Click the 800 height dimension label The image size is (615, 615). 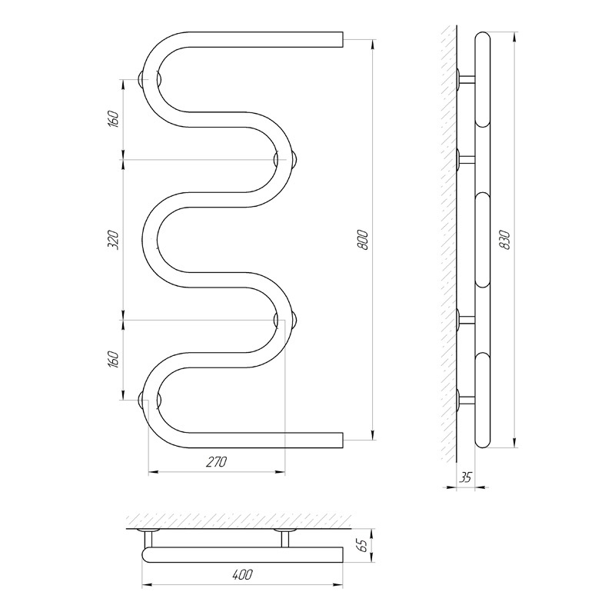(x=363, y=240)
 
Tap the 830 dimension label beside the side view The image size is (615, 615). (x=505, y=240)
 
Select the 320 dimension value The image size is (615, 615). (x=113, y=240)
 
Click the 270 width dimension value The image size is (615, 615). (x=216, y=462)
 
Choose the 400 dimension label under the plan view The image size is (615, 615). (x=241, y=574)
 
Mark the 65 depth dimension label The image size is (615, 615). (x=363, y=545)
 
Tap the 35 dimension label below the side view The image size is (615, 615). (x=465, y=477)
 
